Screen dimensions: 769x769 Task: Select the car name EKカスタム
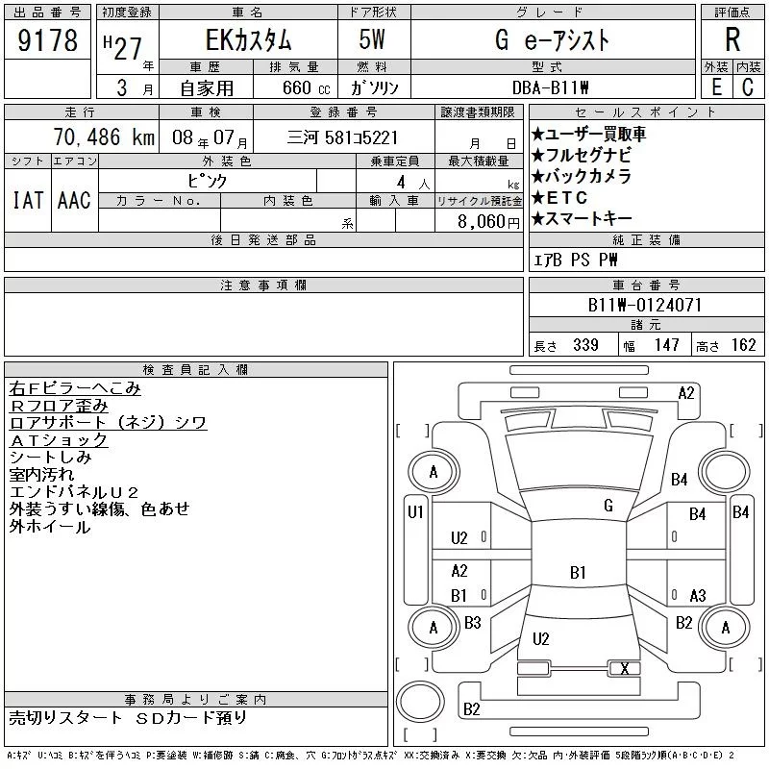pos(236,41)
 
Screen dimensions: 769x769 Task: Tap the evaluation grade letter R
pos(732,39)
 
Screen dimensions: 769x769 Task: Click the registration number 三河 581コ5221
pos(343,137)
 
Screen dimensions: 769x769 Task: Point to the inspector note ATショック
pos(59,440)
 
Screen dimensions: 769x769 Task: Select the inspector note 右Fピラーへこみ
pos(75,388)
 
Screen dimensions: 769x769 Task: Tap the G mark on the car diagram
pos(608,506)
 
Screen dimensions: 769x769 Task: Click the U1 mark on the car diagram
pos(415,512)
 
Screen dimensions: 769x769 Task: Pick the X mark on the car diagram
pos(625,669)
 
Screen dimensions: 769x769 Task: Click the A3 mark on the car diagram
pos(698,595)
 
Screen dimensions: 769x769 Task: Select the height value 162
pos(742,345)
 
